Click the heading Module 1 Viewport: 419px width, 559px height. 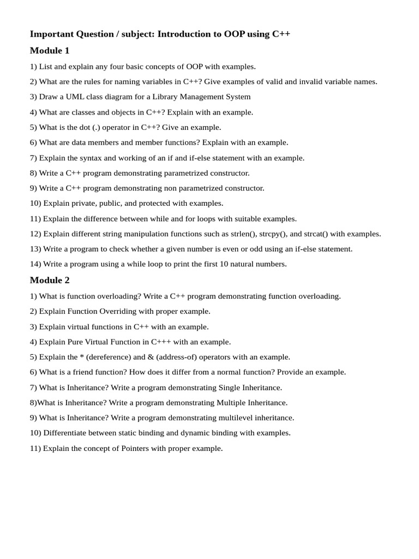click(50, 51)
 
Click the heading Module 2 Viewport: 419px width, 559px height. click(50, 280)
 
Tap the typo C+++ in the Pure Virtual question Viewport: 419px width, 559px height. click(161, 342)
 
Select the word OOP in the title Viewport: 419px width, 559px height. click(234, 34)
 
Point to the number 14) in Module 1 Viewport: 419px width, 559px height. click(35, 264)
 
